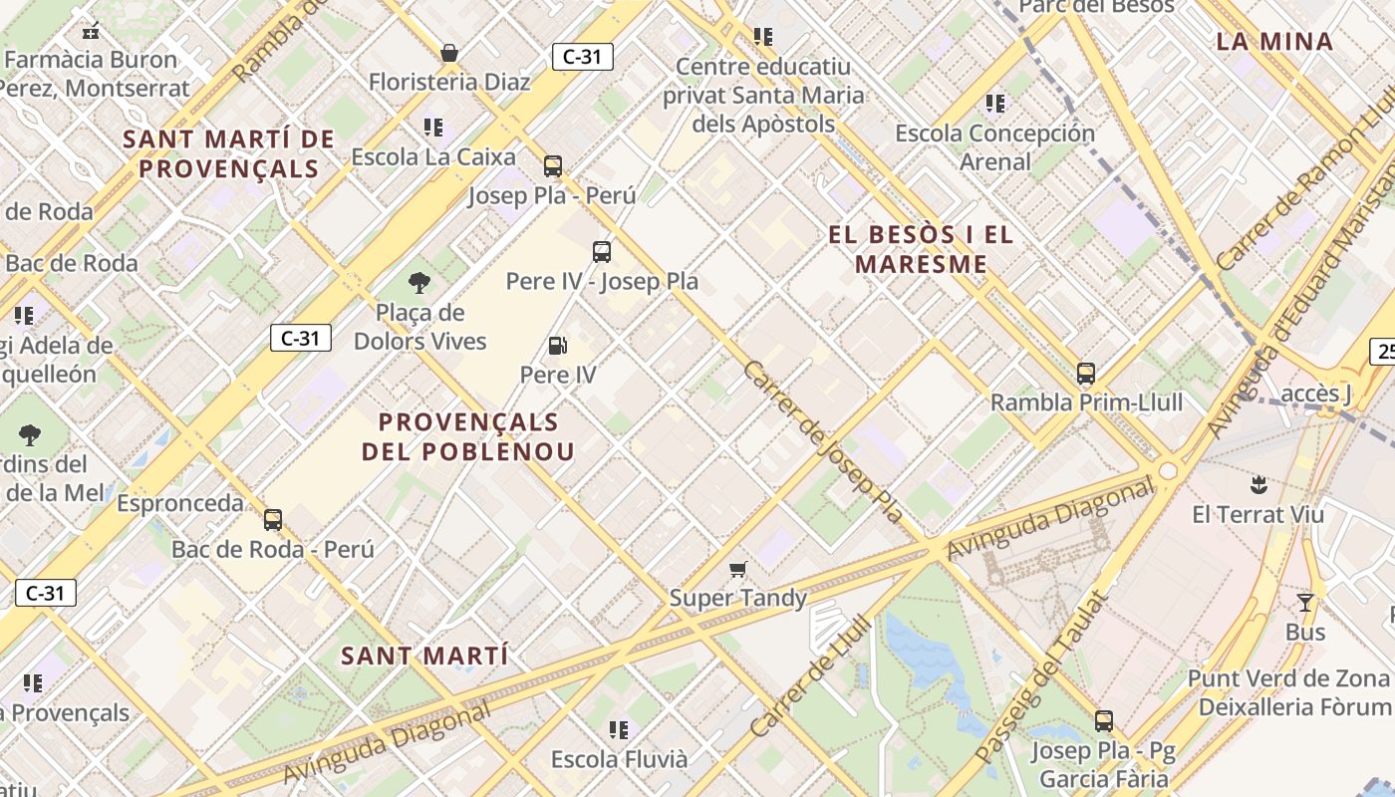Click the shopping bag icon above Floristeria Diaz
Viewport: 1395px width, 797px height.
click(449, 52)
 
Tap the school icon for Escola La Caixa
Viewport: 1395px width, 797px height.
click(432, 128)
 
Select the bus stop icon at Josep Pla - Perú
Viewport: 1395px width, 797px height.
click(552, 166)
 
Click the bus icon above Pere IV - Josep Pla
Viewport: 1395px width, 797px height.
click(601, 251)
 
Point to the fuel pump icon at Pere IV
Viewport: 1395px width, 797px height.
click(558, 346)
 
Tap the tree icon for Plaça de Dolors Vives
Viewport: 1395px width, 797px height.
click(419, 283)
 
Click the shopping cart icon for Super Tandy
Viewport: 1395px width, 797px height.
click(737, 569)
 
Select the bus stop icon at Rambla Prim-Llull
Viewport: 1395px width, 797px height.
click(1086, 374)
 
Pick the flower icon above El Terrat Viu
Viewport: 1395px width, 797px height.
click(1257, 485)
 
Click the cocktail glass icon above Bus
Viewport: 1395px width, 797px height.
click(1305, 603)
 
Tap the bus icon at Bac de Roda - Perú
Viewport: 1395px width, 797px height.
click(272, 520)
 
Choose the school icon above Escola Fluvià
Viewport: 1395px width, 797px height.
click(619, 730)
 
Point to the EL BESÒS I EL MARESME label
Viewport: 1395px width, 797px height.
click(921, 249)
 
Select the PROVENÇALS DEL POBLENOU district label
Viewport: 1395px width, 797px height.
click(467, 436)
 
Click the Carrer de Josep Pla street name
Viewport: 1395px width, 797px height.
click(823, 441)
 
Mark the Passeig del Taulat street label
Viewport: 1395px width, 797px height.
click(1042, 677)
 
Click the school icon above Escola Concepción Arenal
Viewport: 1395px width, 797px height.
click(994, 103)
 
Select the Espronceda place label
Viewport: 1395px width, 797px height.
click(179, 503)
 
